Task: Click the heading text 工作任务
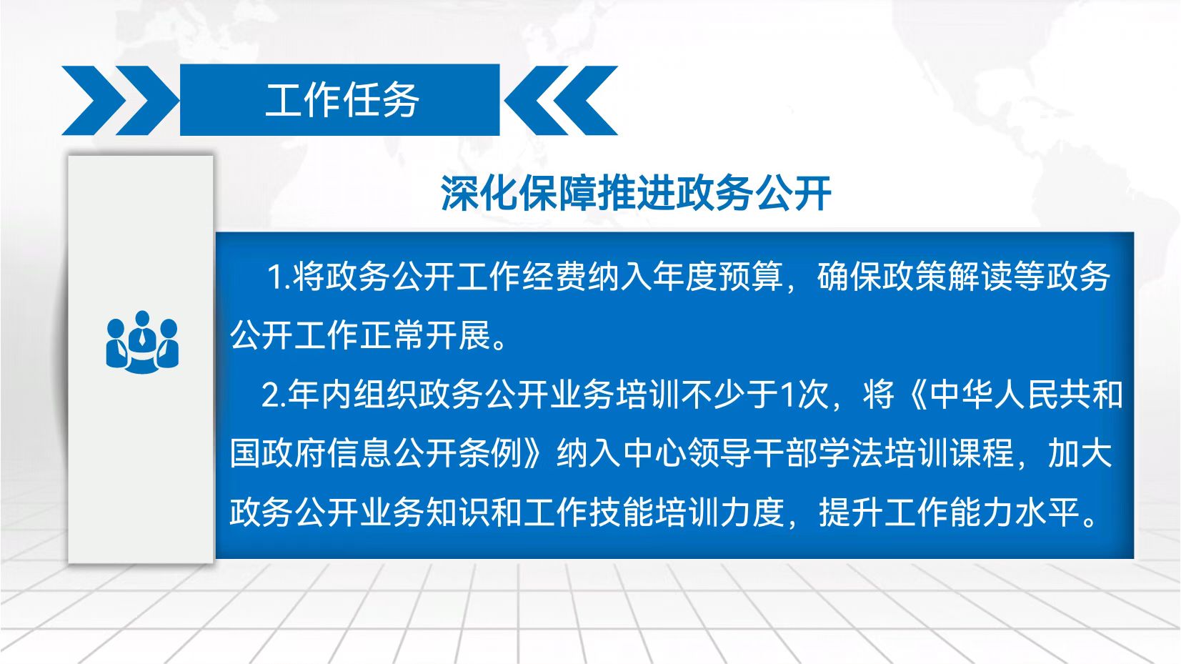342,100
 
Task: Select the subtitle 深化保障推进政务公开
636,193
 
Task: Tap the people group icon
142,342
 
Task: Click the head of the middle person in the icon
142,319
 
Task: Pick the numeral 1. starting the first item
279,277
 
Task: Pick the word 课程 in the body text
981,454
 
